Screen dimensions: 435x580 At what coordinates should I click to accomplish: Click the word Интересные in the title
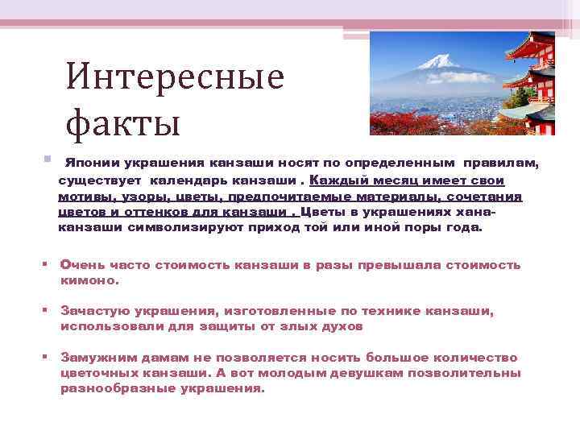(x=175, y=77)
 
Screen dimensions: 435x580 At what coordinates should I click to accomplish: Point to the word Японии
(x=89, y=163)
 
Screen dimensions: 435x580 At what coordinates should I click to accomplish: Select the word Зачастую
(x=89, y=311)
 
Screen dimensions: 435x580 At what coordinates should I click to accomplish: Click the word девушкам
(x=367, y=373)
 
